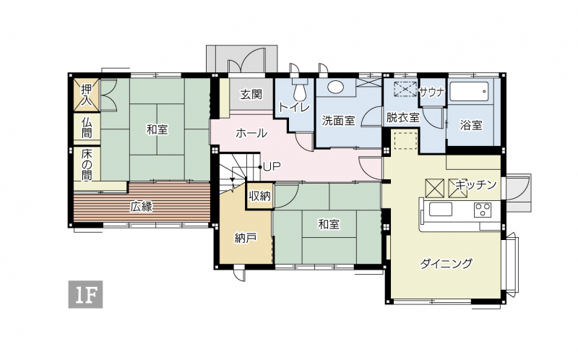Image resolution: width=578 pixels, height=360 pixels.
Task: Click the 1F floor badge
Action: pyautogui.click(x=85, y=294)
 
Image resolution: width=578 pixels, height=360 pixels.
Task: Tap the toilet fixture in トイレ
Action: pyautogui.click(x=300, y=89)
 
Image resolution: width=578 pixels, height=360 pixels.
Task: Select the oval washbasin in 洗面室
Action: pyautogui.click(x=335, y=87)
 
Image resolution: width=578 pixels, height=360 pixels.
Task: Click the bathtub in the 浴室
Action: pyautogui.click(x=469, y=92)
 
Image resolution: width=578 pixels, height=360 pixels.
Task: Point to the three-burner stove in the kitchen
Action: pyautogui.click(x=483, y=210)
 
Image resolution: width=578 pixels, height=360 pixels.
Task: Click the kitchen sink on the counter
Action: pyautogui.click(x=441, y=210)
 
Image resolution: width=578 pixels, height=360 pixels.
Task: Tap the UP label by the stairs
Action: pyautogui.click(x=272, y=167)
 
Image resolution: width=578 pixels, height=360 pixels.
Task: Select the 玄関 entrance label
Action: pyautogui.click(x=251, y=94)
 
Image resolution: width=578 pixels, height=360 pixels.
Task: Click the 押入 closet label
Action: pyautogui.click(x=87, y=95)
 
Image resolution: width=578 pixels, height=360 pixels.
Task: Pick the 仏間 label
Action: pyautogui.click(x=87, y=127)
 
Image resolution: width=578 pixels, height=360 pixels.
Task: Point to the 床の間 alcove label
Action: pyautogui.click(x=87, y=164)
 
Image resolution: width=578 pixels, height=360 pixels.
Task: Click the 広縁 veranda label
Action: pyautogui.click(x=141, y=207)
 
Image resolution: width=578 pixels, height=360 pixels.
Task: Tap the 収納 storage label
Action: pyautogui.click(x=259, y=196)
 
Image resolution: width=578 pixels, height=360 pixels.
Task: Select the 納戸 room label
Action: pyautogui.click(x=246, y=239)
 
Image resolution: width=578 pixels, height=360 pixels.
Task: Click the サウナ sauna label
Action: pyautogui.click(x=432, y=92)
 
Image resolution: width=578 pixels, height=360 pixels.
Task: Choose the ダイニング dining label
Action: pyautogui.click(x=446, y=263)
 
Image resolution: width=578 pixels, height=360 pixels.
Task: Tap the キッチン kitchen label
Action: pyautogui.click(x=476, y=184)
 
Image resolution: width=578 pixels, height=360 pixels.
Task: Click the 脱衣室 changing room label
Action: pyautogui.click(x=402, y=118)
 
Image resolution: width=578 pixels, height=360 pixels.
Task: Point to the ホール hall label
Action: pyautogui.click(x=251, y=133)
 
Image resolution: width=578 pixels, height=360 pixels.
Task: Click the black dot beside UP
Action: pyautogui.click(x=260, y=167)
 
